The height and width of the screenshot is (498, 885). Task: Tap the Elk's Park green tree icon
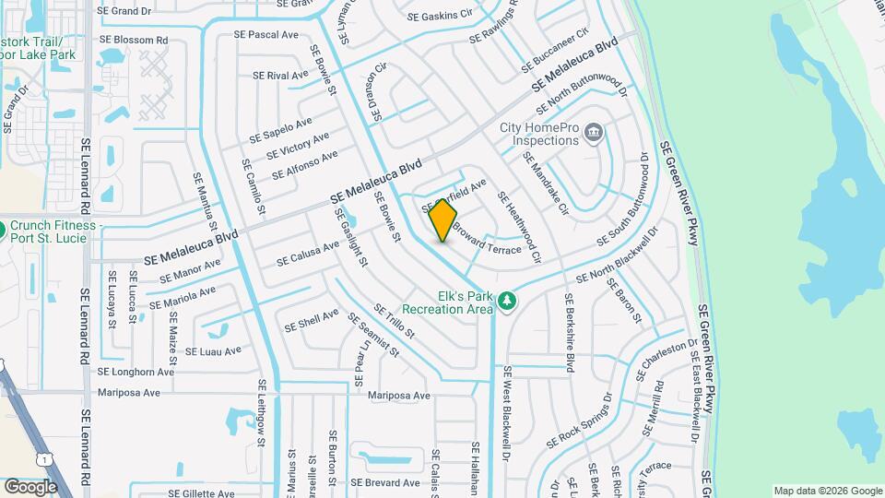(x=505, y=301)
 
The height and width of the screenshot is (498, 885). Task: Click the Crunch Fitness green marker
(x=3, y=228)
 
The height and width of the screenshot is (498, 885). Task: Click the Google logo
(x=29, y=486)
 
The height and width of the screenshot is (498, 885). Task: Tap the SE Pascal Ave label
(x=266, y=34)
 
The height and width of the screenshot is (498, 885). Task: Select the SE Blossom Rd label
(x=136, y=41)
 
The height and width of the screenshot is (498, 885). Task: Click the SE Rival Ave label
(x=280, y=76)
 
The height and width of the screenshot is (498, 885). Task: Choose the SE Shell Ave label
(x=312, y=320)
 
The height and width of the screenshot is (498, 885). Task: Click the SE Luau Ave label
(x=213, y=350)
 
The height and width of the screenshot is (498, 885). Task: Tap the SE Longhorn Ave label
(x=135, y=373)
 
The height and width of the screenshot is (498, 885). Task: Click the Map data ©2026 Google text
(x=827, y=491)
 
